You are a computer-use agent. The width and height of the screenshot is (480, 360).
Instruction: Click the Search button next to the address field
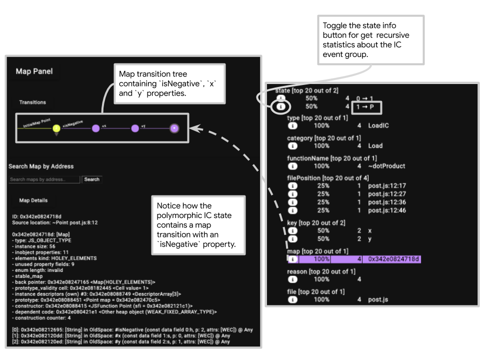click(91, 179)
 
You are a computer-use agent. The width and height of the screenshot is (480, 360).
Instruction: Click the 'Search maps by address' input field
click(44, 179)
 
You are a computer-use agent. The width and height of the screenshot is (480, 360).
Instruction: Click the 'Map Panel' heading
click(34, 71)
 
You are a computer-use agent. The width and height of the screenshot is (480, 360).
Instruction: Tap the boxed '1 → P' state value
click(365, 106)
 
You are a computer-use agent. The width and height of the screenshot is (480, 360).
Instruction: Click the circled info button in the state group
click(281, 106)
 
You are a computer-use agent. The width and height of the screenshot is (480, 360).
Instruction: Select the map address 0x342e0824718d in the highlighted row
click(394, 259)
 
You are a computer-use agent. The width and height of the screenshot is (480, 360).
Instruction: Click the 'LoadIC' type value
click(378, 125)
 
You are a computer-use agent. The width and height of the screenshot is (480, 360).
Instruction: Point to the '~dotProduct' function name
click(386, 166)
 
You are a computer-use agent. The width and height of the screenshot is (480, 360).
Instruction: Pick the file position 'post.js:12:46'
click(386, 210)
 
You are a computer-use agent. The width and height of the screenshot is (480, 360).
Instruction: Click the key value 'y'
click(370, 238)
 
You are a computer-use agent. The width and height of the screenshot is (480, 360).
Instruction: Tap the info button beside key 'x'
click(293, 230)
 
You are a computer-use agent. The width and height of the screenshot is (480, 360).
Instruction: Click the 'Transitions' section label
click(32, 102)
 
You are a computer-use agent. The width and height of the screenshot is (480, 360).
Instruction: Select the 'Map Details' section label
click(33, 200)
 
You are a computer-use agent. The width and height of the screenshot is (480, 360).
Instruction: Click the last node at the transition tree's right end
click(174, 128)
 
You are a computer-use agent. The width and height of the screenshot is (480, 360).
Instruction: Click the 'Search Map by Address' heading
click(41, 166)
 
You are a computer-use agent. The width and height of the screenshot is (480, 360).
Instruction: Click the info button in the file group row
click(293, 299)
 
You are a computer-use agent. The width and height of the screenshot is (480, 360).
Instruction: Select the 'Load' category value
click(375, 146)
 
